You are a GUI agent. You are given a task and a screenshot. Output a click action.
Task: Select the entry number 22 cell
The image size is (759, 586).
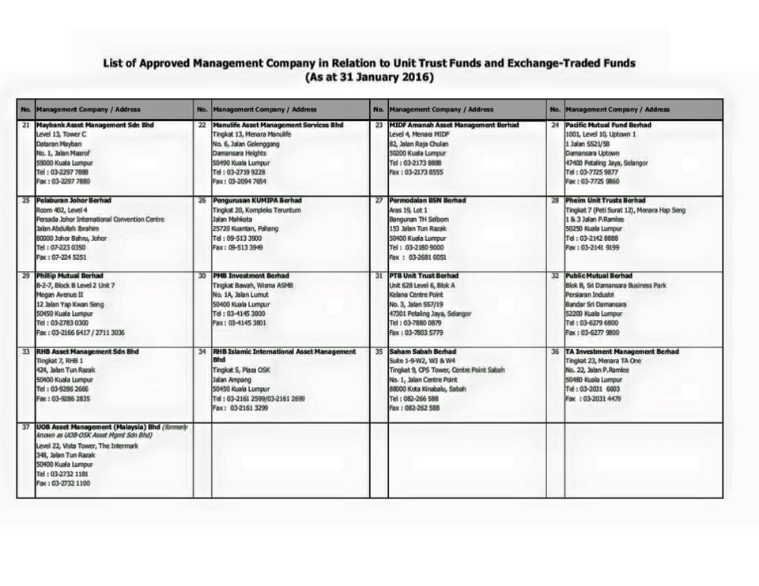tap(202, 125)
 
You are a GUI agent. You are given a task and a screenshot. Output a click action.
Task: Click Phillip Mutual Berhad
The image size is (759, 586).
tap(70, 276)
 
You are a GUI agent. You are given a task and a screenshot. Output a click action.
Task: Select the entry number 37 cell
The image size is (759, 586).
tap(26, 426)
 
